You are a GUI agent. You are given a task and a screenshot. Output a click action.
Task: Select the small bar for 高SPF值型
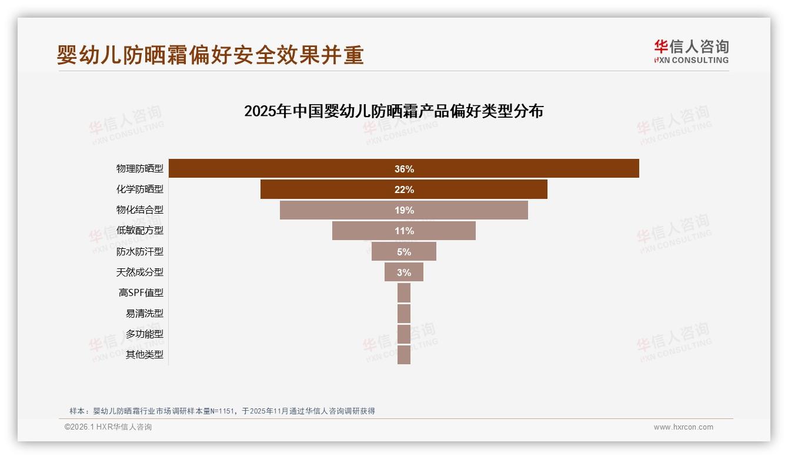404,292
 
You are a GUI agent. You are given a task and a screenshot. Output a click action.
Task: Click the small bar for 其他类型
404,355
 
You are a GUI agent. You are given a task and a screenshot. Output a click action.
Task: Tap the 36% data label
404,169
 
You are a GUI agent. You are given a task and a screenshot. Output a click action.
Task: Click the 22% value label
404,189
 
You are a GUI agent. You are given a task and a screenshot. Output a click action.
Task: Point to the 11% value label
404,231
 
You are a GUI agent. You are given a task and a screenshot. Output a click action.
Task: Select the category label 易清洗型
144,313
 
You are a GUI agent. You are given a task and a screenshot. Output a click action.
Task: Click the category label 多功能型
144,334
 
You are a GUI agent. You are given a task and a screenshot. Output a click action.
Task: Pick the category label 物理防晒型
139,169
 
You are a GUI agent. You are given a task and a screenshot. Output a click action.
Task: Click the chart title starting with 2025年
393,111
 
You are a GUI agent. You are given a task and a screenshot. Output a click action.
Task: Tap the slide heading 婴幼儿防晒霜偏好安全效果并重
210,55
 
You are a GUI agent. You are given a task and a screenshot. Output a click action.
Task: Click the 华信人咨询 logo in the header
691,52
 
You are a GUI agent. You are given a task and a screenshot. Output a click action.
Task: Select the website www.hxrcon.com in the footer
683,427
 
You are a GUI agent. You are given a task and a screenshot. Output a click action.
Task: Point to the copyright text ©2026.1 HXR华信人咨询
108,427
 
